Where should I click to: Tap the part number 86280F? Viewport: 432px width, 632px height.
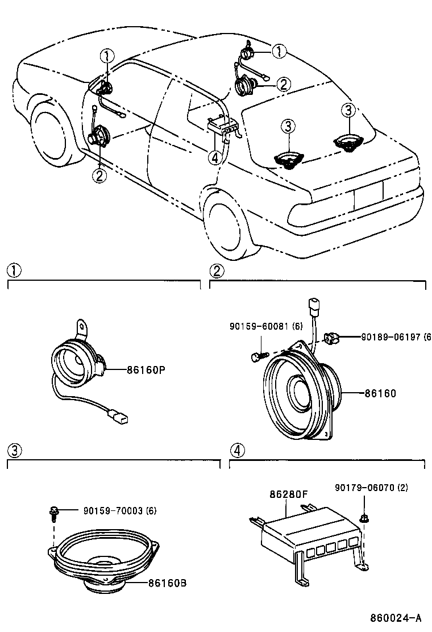point(288,494)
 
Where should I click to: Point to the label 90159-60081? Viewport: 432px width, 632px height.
point(266,326)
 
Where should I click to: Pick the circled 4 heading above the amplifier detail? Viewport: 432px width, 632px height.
point(236,451)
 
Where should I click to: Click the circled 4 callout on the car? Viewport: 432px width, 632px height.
point(214,157)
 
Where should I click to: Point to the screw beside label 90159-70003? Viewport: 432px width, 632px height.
point(54,513)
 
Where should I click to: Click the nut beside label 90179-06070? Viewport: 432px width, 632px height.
point(364,518)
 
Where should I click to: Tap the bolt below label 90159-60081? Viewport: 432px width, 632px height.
point(257,356)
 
